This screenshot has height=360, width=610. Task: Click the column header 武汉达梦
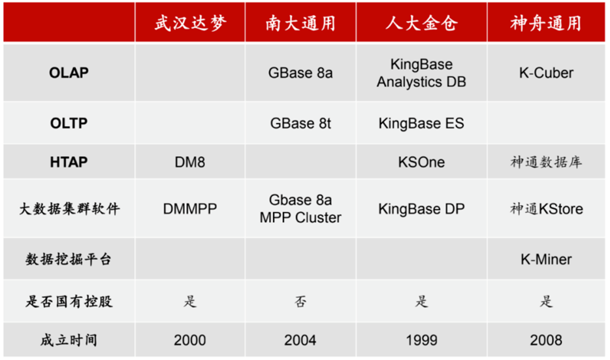(x=190, y=24)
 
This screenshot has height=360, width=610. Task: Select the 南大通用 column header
(x=300, y=24)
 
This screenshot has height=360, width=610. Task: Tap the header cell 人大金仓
(x=421, y=24)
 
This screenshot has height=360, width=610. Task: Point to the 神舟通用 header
(x=546, y=24)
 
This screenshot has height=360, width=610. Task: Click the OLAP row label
(x=69, y=73)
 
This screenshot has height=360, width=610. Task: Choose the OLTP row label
(x=69, y=123)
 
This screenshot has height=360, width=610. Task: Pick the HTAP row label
(x=69, y=162)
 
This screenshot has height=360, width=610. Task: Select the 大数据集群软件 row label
(x=69, y=209)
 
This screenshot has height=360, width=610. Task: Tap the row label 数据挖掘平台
(x=69, y=259)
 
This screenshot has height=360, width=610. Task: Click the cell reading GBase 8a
(x=300, y=73)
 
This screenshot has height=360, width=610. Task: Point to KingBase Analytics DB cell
(x=421, y=73)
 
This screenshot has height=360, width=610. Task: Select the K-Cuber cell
(x=546, y=73)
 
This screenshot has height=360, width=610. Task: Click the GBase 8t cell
(x=300, y=123)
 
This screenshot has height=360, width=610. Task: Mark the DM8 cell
(x=190, y=162)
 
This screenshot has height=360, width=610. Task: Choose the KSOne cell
(x=421, y=162)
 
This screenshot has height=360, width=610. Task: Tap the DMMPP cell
(x=190, y=209)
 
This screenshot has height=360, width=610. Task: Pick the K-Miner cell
(x=546, y=259)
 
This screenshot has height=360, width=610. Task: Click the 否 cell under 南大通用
(x=300, y=301)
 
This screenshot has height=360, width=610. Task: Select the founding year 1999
(x=421, y=340)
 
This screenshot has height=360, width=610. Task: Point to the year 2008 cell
(x=546, y=340)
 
